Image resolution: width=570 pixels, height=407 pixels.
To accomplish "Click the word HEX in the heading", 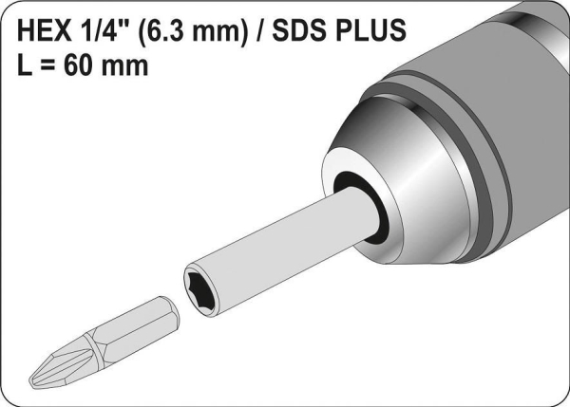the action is click(x=45, y=29).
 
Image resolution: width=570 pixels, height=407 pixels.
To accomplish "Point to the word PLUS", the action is click(x=370, y=29).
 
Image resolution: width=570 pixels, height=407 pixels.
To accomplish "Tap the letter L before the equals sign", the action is click(x=25, y=65).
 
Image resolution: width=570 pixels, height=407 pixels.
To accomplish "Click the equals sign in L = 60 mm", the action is click(x=48, y=66).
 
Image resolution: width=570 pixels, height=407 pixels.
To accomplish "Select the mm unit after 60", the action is click(x=124, y=68).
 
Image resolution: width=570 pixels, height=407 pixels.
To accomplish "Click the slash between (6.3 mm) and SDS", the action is click(x=259, y=30).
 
